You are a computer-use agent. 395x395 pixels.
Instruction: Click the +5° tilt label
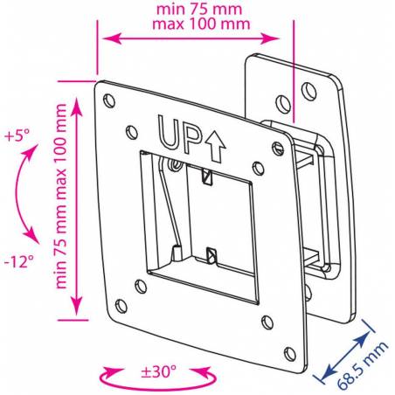coord(17,135)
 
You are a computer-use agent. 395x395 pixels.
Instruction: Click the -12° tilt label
coord(19,261)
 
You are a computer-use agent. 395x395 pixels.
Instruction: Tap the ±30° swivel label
coord(159,371)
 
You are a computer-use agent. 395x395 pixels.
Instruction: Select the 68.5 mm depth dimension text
coord(363,365)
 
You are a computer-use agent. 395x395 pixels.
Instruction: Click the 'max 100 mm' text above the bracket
coord(201,24)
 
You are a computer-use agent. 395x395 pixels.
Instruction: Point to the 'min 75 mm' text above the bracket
coord(199,9)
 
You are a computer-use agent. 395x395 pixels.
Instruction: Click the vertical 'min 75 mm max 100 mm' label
coord(61,196)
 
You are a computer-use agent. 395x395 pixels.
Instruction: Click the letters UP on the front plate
coord(180,135)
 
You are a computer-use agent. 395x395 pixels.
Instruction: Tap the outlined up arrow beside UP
coord(215,146)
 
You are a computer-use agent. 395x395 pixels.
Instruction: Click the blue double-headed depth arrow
coord(346,353)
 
